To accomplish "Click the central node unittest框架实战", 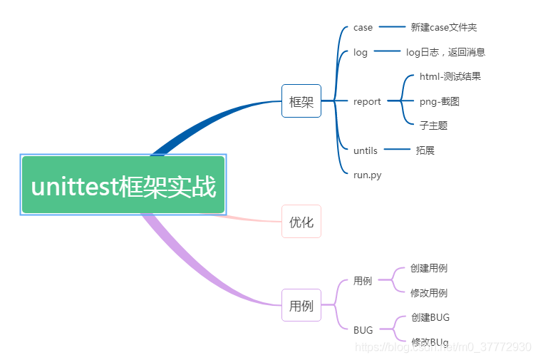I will click(x=123, y=185).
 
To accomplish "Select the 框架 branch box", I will click(x=301, y=101).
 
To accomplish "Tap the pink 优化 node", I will click(x=301, y=222).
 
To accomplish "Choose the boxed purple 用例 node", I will click(x=301, y=305).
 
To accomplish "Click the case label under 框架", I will click(x=363, y=28).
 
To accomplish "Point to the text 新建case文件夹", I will click(x=444, y=28).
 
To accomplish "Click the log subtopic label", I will click(x=361, y=52).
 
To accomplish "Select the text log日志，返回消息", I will click(x=445, y=52).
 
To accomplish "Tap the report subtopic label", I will click(x=367, y=101).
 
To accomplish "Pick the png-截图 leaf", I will click(x=439, y=101).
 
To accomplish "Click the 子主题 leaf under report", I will click(x=433, y=125).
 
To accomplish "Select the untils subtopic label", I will click(x=366, y=150).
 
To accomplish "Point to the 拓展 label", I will click(x=425, y=150).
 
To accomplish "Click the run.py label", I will click(x=367, y=175).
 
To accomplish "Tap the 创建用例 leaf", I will click(x=429, y=269).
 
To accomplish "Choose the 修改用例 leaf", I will click(x=429, y=293).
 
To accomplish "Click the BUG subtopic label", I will click(x=363, y=330).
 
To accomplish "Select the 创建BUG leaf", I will click(x=430, y=317).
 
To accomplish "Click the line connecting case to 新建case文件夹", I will click(x=391, y=27).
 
